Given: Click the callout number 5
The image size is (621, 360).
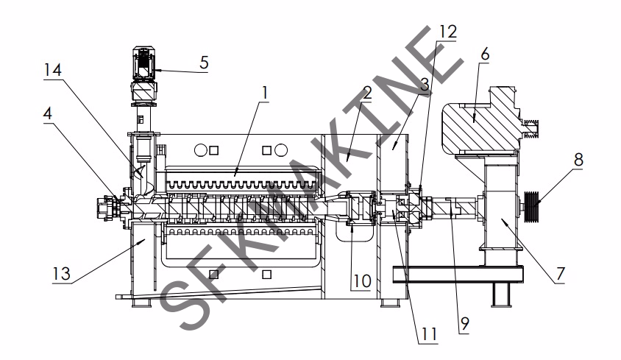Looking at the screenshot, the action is (x=204, y=63).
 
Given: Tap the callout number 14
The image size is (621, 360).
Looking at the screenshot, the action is (x=53, y=70).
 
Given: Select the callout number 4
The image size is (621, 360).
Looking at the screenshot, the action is (x=48, y=114).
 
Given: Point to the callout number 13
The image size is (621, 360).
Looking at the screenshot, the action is (x=61, y=274).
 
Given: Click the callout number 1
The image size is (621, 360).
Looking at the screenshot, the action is (x=265, y=93).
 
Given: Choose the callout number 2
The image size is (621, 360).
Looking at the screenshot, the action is (x=367, y=93).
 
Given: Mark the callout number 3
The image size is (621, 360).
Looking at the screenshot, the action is (x=425, y=85).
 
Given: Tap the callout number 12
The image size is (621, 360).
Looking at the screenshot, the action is (x=448, y=32).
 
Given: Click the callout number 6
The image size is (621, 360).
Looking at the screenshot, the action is (x=485, y=54).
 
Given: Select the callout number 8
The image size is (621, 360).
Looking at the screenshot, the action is (x=578, y=160).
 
